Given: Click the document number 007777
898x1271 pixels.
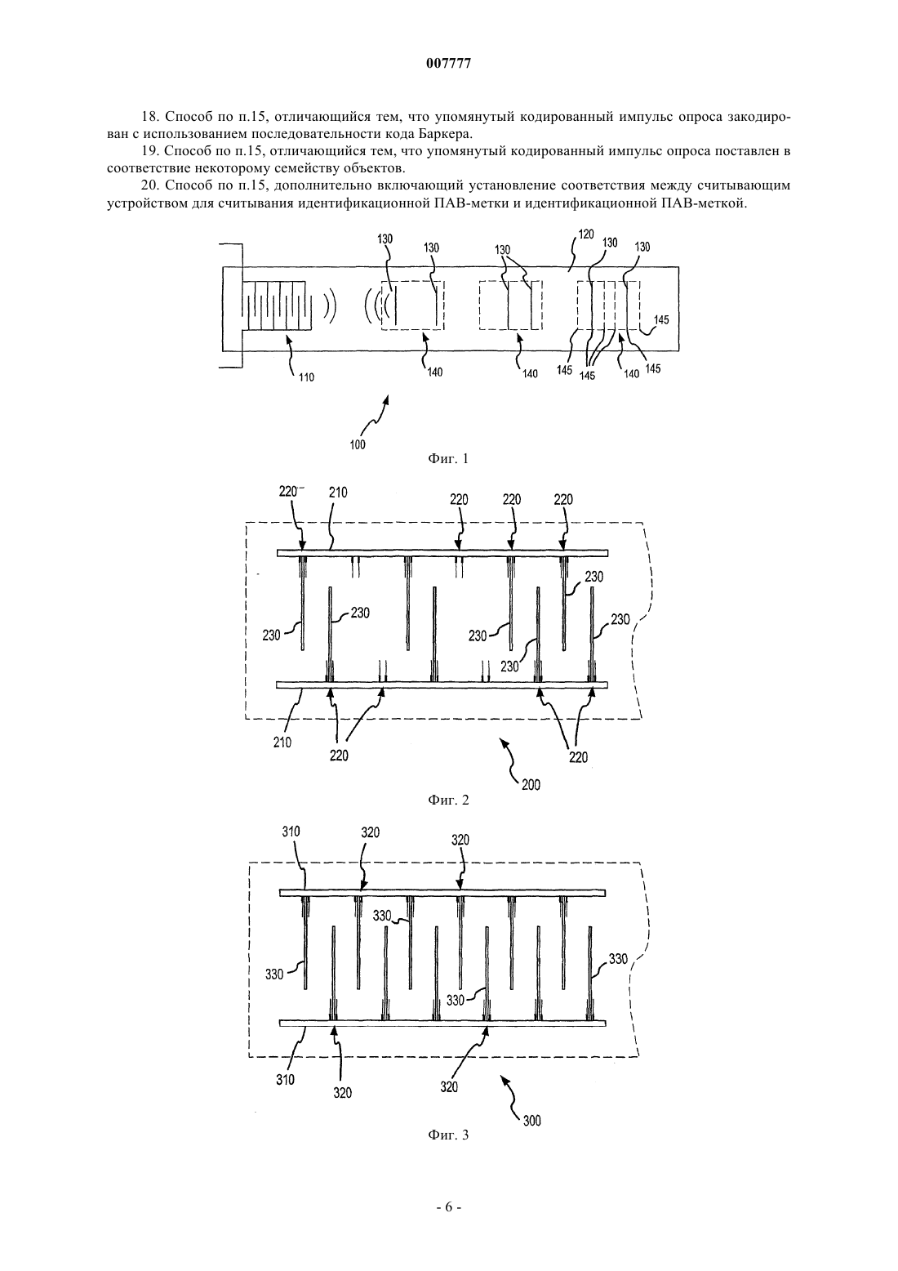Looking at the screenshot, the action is pyautogui.click(x=448, y=64).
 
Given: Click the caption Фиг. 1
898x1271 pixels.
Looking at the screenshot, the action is pyautogui.click(x=448, y=458).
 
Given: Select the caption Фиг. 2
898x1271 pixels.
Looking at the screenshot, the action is pyautogui.click(x=448, y=800).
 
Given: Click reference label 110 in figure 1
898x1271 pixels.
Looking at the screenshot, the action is pyautogui.click(x=306, y=377).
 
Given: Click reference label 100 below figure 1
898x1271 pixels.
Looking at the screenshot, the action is pyautogui.click(x=358, y=444).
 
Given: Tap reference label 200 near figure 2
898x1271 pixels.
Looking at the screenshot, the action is pyautogui.click(x=531, y=785).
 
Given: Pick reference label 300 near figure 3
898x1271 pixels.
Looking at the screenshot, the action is pyautogui.click(x=531, y=1121).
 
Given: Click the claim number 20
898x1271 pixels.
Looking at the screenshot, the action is pyautogui.click(x=149, y=185).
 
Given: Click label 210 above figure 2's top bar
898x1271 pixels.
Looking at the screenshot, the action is pyautogui.click(x=338, y=493).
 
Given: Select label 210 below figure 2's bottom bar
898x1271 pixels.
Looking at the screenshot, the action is pyautogui.click(x=282, y=743).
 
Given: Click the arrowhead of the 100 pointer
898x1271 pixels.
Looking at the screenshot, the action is pyautogui.click(x=389, y=399).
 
